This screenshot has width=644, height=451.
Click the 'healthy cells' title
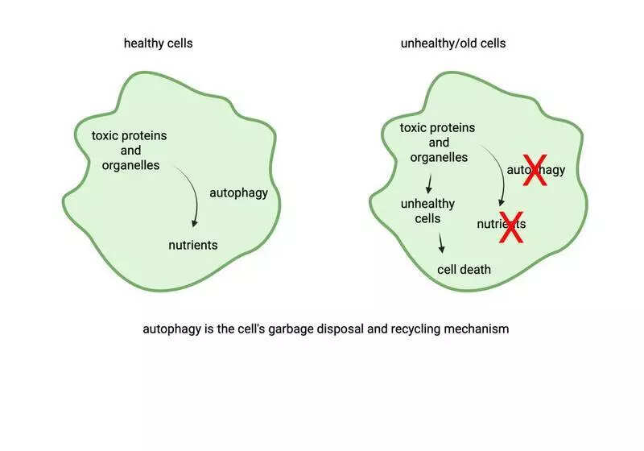click(x=158, y=43)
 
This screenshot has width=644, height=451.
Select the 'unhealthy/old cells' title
click(x=452, y=43)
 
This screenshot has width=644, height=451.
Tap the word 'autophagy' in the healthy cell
click(x=238, y=192)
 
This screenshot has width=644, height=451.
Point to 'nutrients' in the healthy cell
click(x=192, y=245)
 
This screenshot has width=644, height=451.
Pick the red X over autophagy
click(x=535, y=171)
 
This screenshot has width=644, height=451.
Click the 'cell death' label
click(x=464, y=269)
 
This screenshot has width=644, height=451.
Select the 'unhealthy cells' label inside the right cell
click(x=427, y=211)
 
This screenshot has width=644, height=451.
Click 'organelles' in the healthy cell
click(x=130, y=165)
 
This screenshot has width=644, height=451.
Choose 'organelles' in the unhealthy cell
click(x=439, y=157)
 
